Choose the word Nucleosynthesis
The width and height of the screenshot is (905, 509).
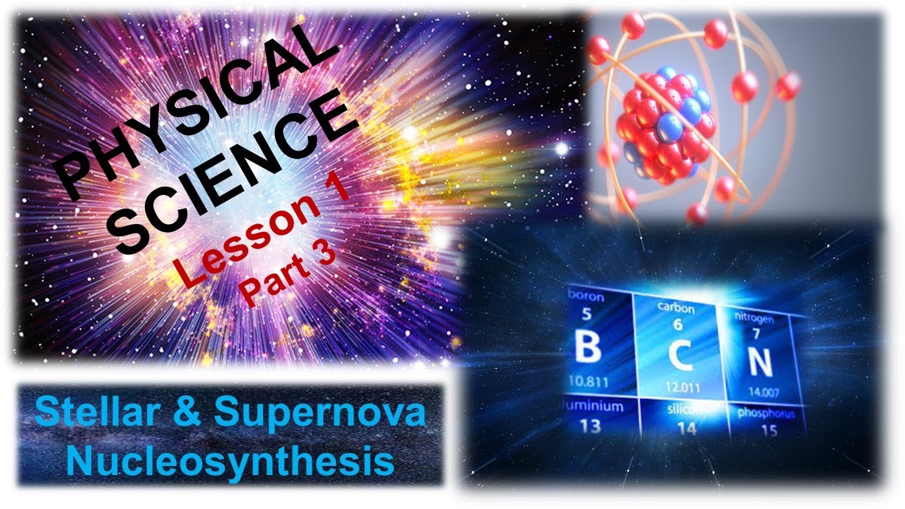(234, 462)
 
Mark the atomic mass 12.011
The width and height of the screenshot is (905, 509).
(682, 387)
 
